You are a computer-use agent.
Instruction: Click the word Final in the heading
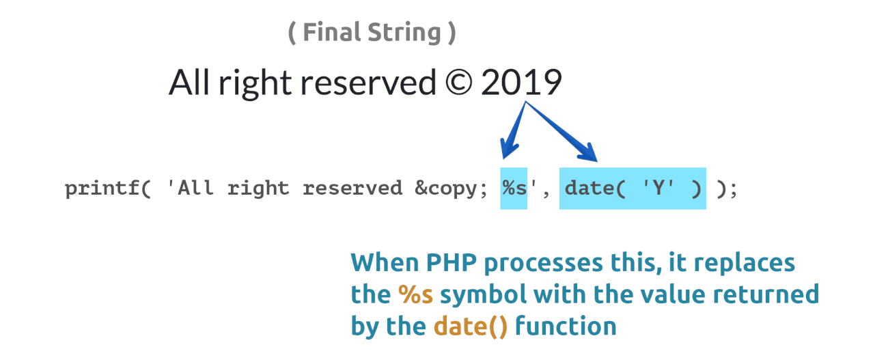332,32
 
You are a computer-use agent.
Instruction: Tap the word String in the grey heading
404,33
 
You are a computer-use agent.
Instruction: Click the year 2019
521,82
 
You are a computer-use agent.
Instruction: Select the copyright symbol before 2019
458,83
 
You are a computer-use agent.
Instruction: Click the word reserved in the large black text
368,83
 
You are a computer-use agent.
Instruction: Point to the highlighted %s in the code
514,189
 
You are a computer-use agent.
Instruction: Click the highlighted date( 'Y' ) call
633,189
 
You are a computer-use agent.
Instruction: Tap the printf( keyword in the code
108,189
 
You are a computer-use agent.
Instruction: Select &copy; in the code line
451,189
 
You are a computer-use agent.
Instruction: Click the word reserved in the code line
352,188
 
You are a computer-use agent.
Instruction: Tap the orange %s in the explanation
415,294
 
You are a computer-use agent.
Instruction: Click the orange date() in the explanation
471,327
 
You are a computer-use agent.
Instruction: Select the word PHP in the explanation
451,263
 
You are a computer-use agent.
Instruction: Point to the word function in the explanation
566,326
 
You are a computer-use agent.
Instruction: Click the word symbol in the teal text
483,295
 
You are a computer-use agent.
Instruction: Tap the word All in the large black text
189,82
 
